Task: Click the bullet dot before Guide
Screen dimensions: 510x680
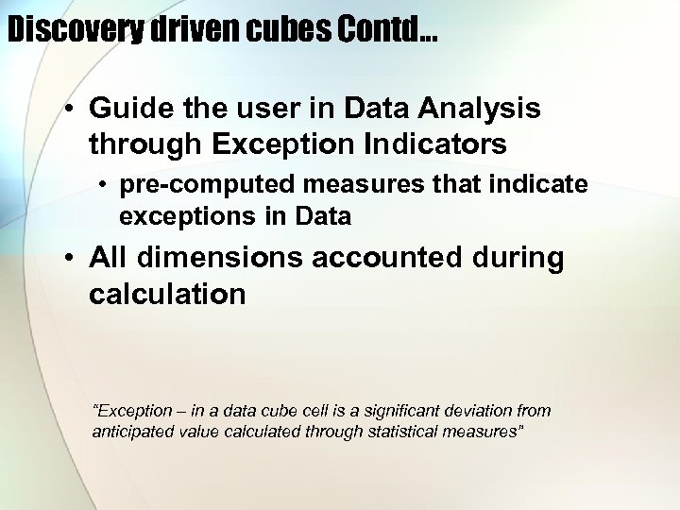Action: [x=71, y=110]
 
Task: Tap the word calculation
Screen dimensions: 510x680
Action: [x=167, y=295]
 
